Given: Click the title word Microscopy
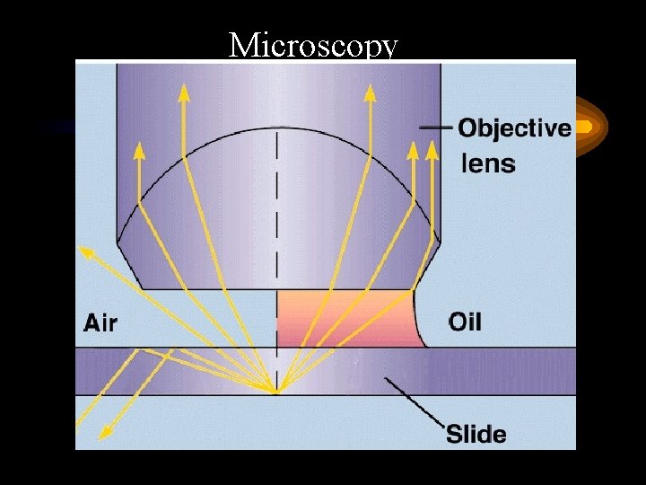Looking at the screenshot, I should (x=312, y=44).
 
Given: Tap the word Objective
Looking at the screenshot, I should (x=514, y=128).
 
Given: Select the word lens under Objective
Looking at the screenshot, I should (x=488, y=163).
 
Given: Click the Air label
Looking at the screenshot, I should (x=101, y=322).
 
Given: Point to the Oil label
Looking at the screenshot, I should (x=464, y=321).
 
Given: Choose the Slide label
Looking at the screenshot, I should (x=476, y=435).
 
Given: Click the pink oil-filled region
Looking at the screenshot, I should (x=345, y=319).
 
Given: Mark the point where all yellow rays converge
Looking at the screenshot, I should (x=275, y=392).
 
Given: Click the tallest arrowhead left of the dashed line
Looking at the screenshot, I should (x=183, y=92).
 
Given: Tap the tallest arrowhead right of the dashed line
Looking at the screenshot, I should (x=369, y=92).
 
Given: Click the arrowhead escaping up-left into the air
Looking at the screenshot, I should (x=86, y=251).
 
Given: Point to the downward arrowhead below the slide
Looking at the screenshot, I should (x=105, y=433).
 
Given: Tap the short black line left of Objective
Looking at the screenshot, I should (x=436, y=128).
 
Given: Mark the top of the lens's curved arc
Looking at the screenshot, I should (x=276, y=128).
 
